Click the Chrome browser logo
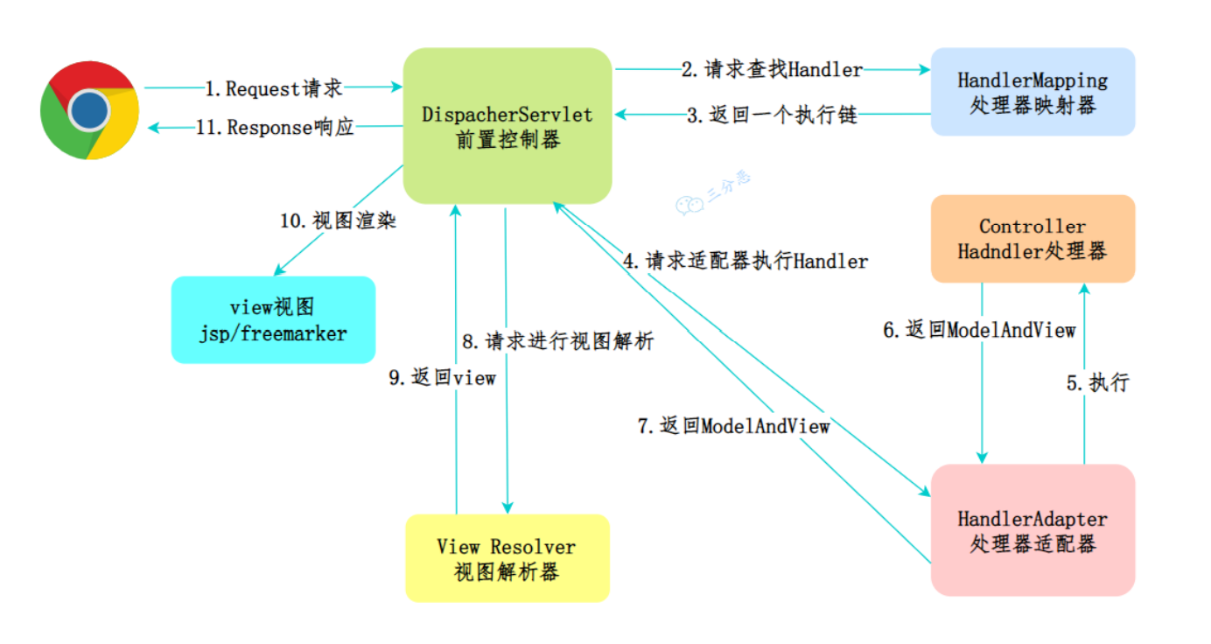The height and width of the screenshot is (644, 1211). click(x=90, y=110)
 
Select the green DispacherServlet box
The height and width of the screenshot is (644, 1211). click(x=507, y=126)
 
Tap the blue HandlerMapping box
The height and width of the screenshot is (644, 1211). click(x=1032, y=92)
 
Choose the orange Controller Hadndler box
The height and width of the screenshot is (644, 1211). click(x=1032, y=239)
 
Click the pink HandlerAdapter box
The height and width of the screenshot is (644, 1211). click(x=1032, y=530)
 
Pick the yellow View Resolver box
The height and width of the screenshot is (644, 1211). click(x=507, y=558)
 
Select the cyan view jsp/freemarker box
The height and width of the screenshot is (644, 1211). click(x=273, y=319)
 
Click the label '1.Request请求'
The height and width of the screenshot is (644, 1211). click(x=274, y=88)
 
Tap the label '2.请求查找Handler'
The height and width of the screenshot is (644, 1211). click(x=772, y=69)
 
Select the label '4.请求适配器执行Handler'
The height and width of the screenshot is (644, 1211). click(x=745, y=261)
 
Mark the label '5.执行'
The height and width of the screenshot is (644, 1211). click(x=1098, y=382)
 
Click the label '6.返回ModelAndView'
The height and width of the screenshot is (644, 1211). click(x=979, y=330)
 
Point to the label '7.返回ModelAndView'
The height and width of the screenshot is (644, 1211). click(x=734, y=426)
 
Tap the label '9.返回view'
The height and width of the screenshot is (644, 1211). click(x=442, y=378)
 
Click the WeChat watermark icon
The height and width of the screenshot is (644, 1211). click(x=689, y=204)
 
